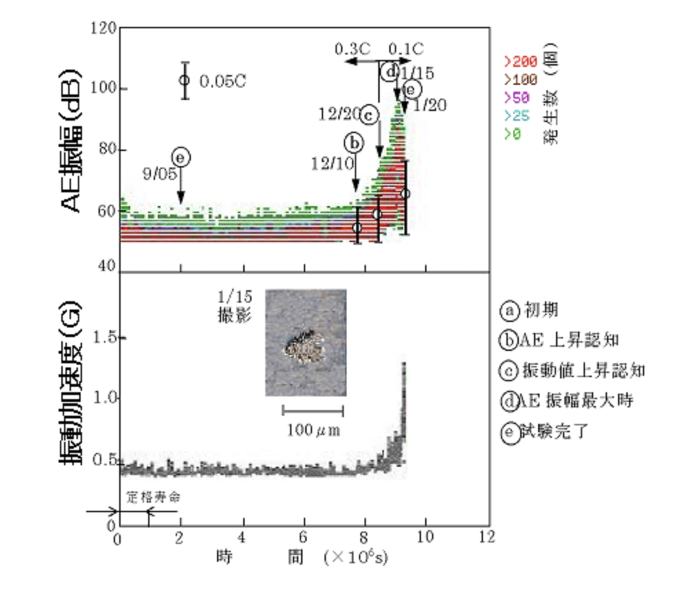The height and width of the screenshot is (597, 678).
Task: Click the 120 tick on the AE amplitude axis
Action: (x=103, y=29)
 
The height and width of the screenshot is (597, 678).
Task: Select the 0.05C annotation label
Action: (x=223, y=81)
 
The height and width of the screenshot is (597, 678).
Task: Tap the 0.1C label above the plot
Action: (x=406, y=49)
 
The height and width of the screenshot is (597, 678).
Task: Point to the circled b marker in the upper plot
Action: (x=353, y=143)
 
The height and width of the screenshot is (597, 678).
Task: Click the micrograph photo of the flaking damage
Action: (x=305, y=343)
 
